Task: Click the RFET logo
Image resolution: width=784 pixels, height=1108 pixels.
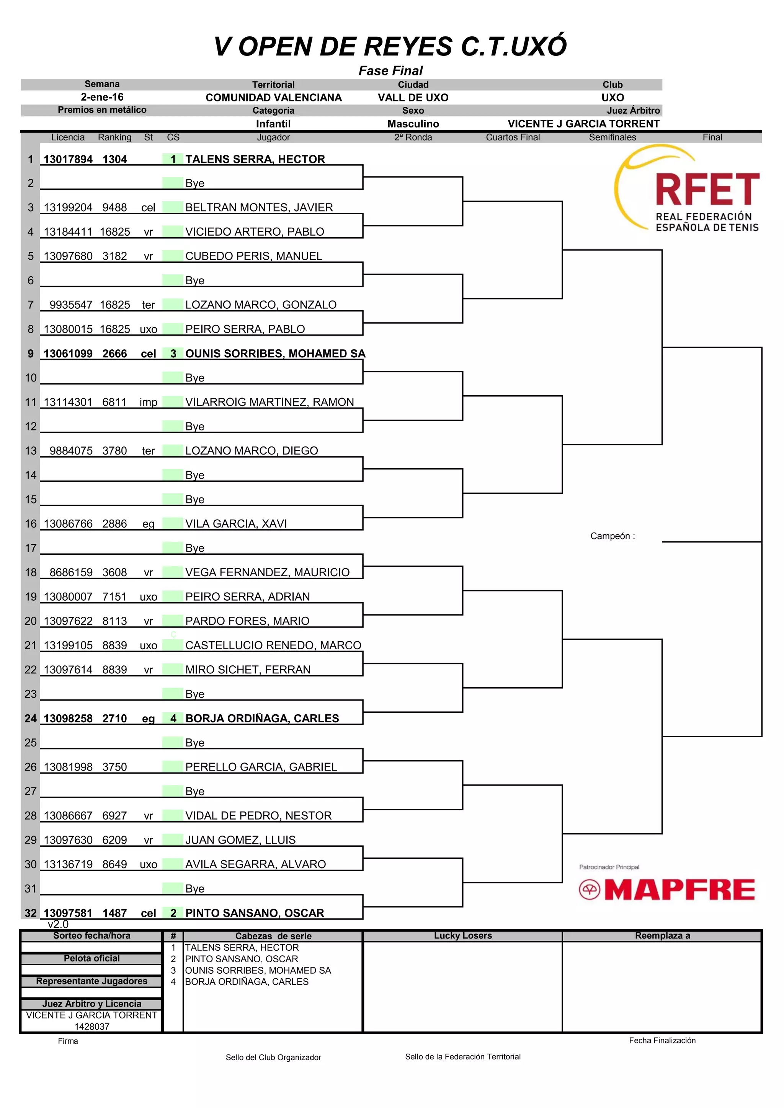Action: click(x=686, y=188)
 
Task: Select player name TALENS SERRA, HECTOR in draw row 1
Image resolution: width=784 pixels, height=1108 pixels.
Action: click(x=255, y=159)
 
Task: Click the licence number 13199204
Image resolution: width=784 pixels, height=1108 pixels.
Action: click(x=68, y=207)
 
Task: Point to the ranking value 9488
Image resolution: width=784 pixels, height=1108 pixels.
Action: click(x=114, y=207)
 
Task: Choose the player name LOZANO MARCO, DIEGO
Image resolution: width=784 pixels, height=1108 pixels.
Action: click(x=252, y=451)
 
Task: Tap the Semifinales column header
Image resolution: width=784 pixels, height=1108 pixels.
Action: click(x=612, y=137)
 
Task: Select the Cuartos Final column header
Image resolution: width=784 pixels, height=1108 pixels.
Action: click(x=513, y=137)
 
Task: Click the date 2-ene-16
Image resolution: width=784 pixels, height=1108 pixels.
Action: click(x=102, y=98)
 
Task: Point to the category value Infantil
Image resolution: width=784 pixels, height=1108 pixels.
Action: click(x=273, y=124)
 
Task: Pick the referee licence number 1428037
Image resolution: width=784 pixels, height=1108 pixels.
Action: click(x=92, y=1027)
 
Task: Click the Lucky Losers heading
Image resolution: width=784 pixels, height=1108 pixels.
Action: click(x=462, y=936)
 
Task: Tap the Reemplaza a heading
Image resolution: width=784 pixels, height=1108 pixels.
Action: click(x=662, y=936)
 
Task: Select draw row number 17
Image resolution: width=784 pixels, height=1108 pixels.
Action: click(x=30, y=548)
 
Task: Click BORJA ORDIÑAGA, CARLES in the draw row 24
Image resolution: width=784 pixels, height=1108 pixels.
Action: click(x=262, y=719)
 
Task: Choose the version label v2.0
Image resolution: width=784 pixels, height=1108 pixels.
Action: click(x=58, y=924)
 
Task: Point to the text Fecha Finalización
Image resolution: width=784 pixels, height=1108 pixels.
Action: click(x=662, y=1040)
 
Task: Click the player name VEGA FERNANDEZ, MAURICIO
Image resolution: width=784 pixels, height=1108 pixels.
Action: click(x=268, y=572)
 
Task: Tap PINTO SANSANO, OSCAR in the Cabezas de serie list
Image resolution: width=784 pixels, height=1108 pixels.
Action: click(x=242, y=959)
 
